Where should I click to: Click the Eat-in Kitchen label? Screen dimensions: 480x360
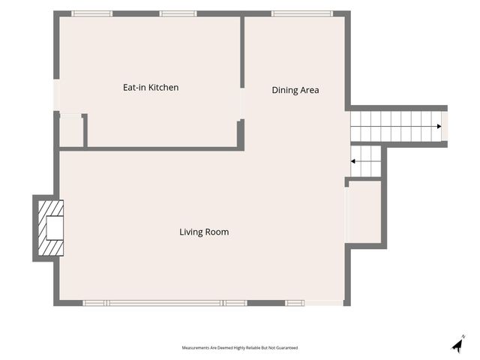[x=151, y=88]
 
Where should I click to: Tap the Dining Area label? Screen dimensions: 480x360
[x=295, y=90]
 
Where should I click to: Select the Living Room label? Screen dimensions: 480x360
[x=204, y=232]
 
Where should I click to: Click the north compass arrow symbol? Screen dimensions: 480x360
[x=458, y=345]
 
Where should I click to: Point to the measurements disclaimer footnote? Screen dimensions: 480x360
[x=240, y=348]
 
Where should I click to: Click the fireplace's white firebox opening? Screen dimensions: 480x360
[x=55, y=228]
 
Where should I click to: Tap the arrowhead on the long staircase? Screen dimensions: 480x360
[x=439, y=127]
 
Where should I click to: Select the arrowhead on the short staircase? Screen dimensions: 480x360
[x=353, y=161]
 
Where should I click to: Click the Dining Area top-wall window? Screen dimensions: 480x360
[x=301, y=13]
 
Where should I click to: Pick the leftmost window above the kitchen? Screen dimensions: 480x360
[x=91, y=13]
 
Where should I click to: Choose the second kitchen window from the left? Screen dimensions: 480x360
[x=178, y=13]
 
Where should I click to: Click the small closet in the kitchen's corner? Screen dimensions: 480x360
[x=71, y=130]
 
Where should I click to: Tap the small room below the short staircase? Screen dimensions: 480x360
[x=364, y=211]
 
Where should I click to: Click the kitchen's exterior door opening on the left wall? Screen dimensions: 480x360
[x=57, y=95]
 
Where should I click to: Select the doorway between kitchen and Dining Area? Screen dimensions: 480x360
[x=242, y=103]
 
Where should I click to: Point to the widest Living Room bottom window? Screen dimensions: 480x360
[x=165, y=303]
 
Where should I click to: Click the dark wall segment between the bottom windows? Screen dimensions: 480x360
[x=266, y=303]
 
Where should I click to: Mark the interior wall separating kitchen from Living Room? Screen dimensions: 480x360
[x=149, y=149]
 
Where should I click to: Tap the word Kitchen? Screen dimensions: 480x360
[x=163, y=88]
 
